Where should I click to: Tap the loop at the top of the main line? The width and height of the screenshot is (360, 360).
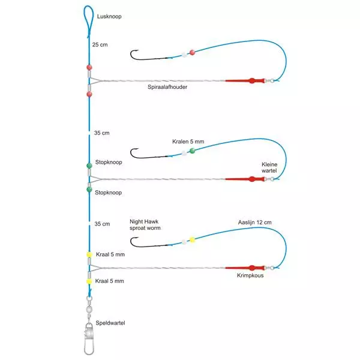[x=88, y=19]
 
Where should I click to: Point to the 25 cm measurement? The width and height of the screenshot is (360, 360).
[x=100, y=44]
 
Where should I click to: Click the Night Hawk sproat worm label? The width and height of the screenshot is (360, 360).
[x=145, y=225]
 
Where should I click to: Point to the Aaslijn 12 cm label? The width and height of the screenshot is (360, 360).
[x=254, y=222]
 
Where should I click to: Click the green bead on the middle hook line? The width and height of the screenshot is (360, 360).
[x=192, y=151]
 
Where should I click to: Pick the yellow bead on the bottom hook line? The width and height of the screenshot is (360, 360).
[x=192, y=239]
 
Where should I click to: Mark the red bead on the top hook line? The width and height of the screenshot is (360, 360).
[x=192, y=52]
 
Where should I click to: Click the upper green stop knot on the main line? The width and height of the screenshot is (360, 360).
[x=89, y=164]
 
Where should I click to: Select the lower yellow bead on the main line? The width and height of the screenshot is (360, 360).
[x=88, y=281]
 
